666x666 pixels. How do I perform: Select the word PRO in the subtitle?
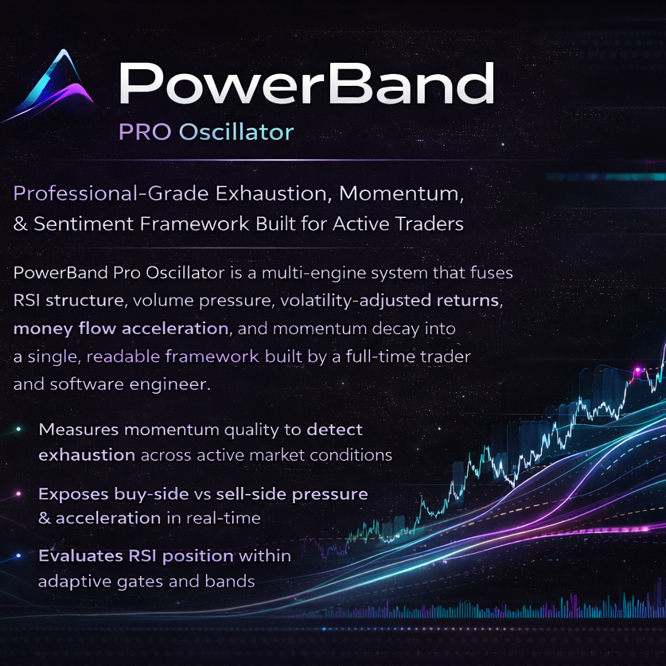pyautogui.click(x=144, y=131)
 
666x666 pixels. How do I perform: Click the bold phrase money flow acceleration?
pyautogui.click(x=120, y=328)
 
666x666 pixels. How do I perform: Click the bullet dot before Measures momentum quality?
pyautogui.click(x=18, y=430)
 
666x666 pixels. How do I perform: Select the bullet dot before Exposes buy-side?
pyautogui.click(x=18, y=494)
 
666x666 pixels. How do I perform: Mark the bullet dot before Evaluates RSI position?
pyautogui.click(x=18, y=555)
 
